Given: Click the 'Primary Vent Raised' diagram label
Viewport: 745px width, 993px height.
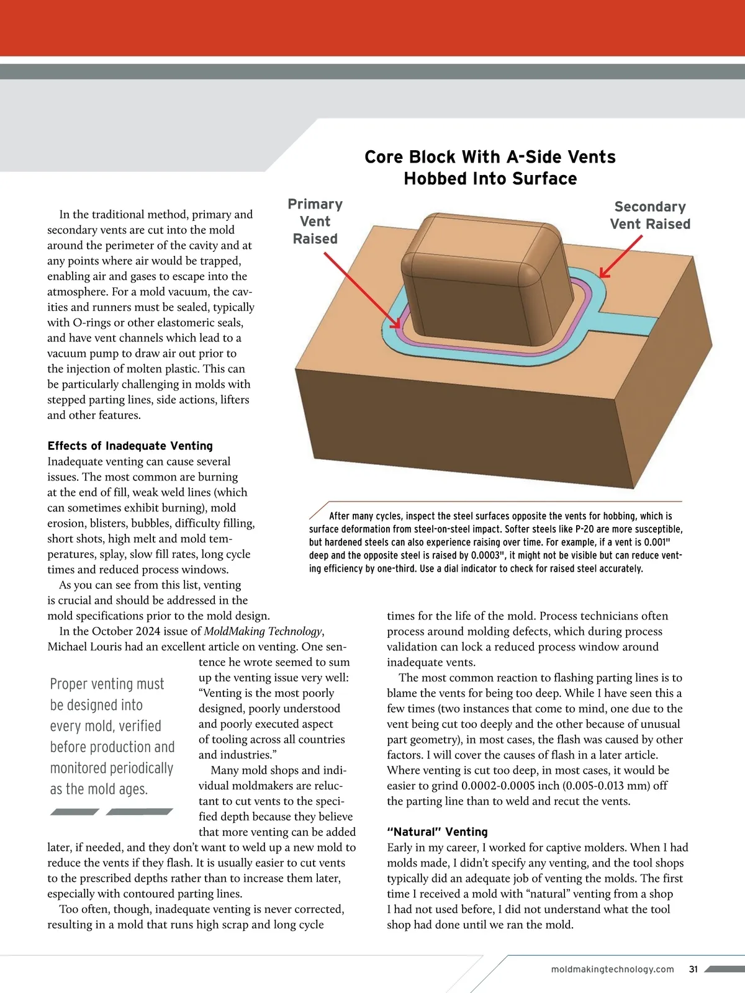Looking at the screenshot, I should click(x=315, y=222).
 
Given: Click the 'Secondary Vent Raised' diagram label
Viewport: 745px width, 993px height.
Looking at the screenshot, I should click(x=649, y=215).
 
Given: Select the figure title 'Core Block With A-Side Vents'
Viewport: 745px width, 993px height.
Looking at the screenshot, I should click(x=490, y=157).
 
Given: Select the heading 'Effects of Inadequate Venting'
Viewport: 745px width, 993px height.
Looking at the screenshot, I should click(x=130, y=446).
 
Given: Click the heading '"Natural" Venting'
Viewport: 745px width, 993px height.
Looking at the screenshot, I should click(x=437, y=832).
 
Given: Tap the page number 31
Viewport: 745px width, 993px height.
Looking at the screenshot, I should click(x=693, y=969).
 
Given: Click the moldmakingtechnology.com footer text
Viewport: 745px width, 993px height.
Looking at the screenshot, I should click(x=612, y=969).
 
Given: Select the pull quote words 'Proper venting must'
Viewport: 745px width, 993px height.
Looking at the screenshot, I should click(x=107, y=684).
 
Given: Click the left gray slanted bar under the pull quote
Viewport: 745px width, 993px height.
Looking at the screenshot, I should click(x=74, y=812).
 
